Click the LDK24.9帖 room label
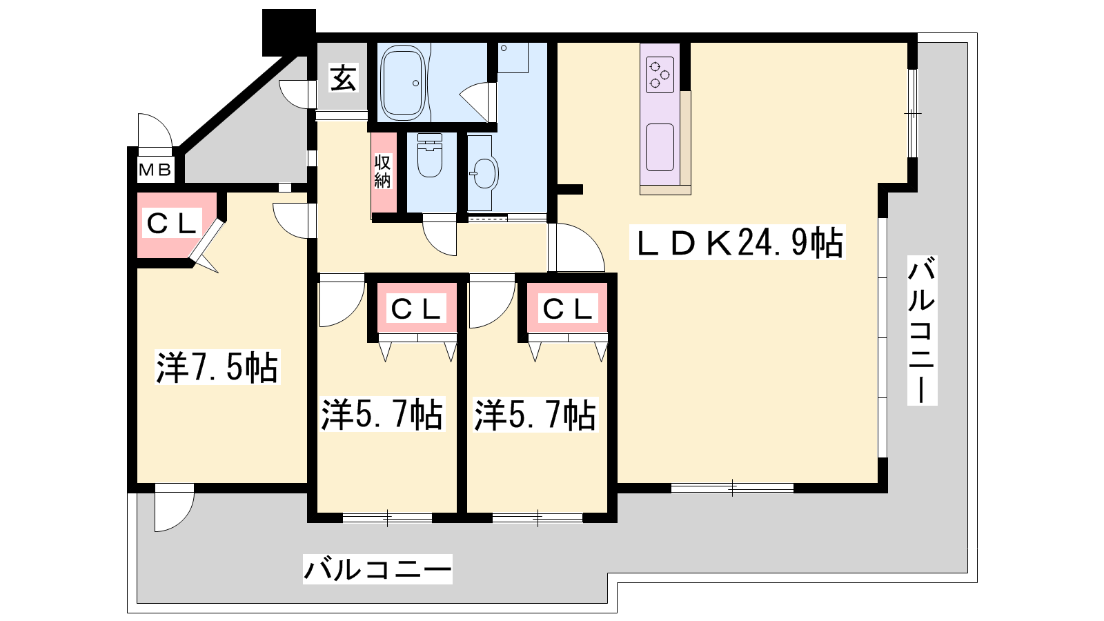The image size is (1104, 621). coord(738,242)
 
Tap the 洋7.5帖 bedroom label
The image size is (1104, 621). coord(217,367)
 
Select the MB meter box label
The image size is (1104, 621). coord(155,170)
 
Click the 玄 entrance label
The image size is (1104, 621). coord(343,79)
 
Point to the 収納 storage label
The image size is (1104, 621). coord(382,172)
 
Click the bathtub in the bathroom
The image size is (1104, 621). coord(404,83)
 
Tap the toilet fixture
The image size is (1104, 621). coord(430,155)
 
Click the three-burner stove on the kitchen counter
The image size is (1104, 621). coord(660,75)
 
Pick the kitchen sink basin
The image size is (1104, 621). coord(660,147)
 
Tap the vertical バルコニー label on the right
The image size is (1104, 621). coord(922,331)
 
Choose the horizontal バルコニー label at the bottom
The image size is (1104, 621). coord(377,569)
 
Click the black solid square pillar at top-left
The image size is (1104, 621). coord(289,32)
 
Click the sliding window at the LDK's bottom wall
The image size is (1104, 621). coord(732,488)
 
